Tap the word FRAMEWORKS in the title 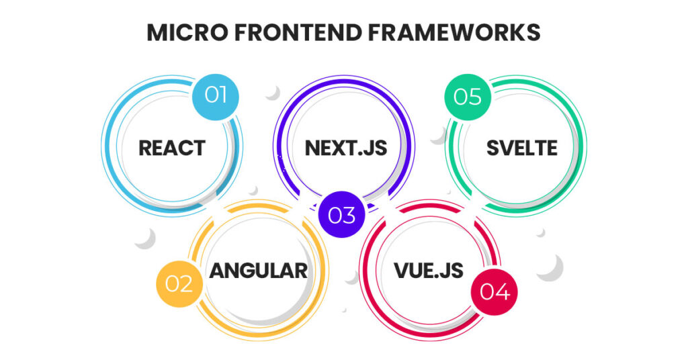454,32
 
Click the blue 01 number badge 216,95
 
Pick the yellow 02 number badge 179,283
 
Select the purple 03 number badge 341,215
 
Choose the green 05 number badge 468,97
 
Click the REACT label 172,147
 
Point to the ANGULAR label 259,270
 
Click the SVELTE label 522,147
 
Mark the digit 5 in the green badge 476,97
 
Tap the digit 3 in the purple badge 349,215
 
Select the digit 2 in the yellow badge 187,283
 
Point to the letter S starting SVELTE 492,147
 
